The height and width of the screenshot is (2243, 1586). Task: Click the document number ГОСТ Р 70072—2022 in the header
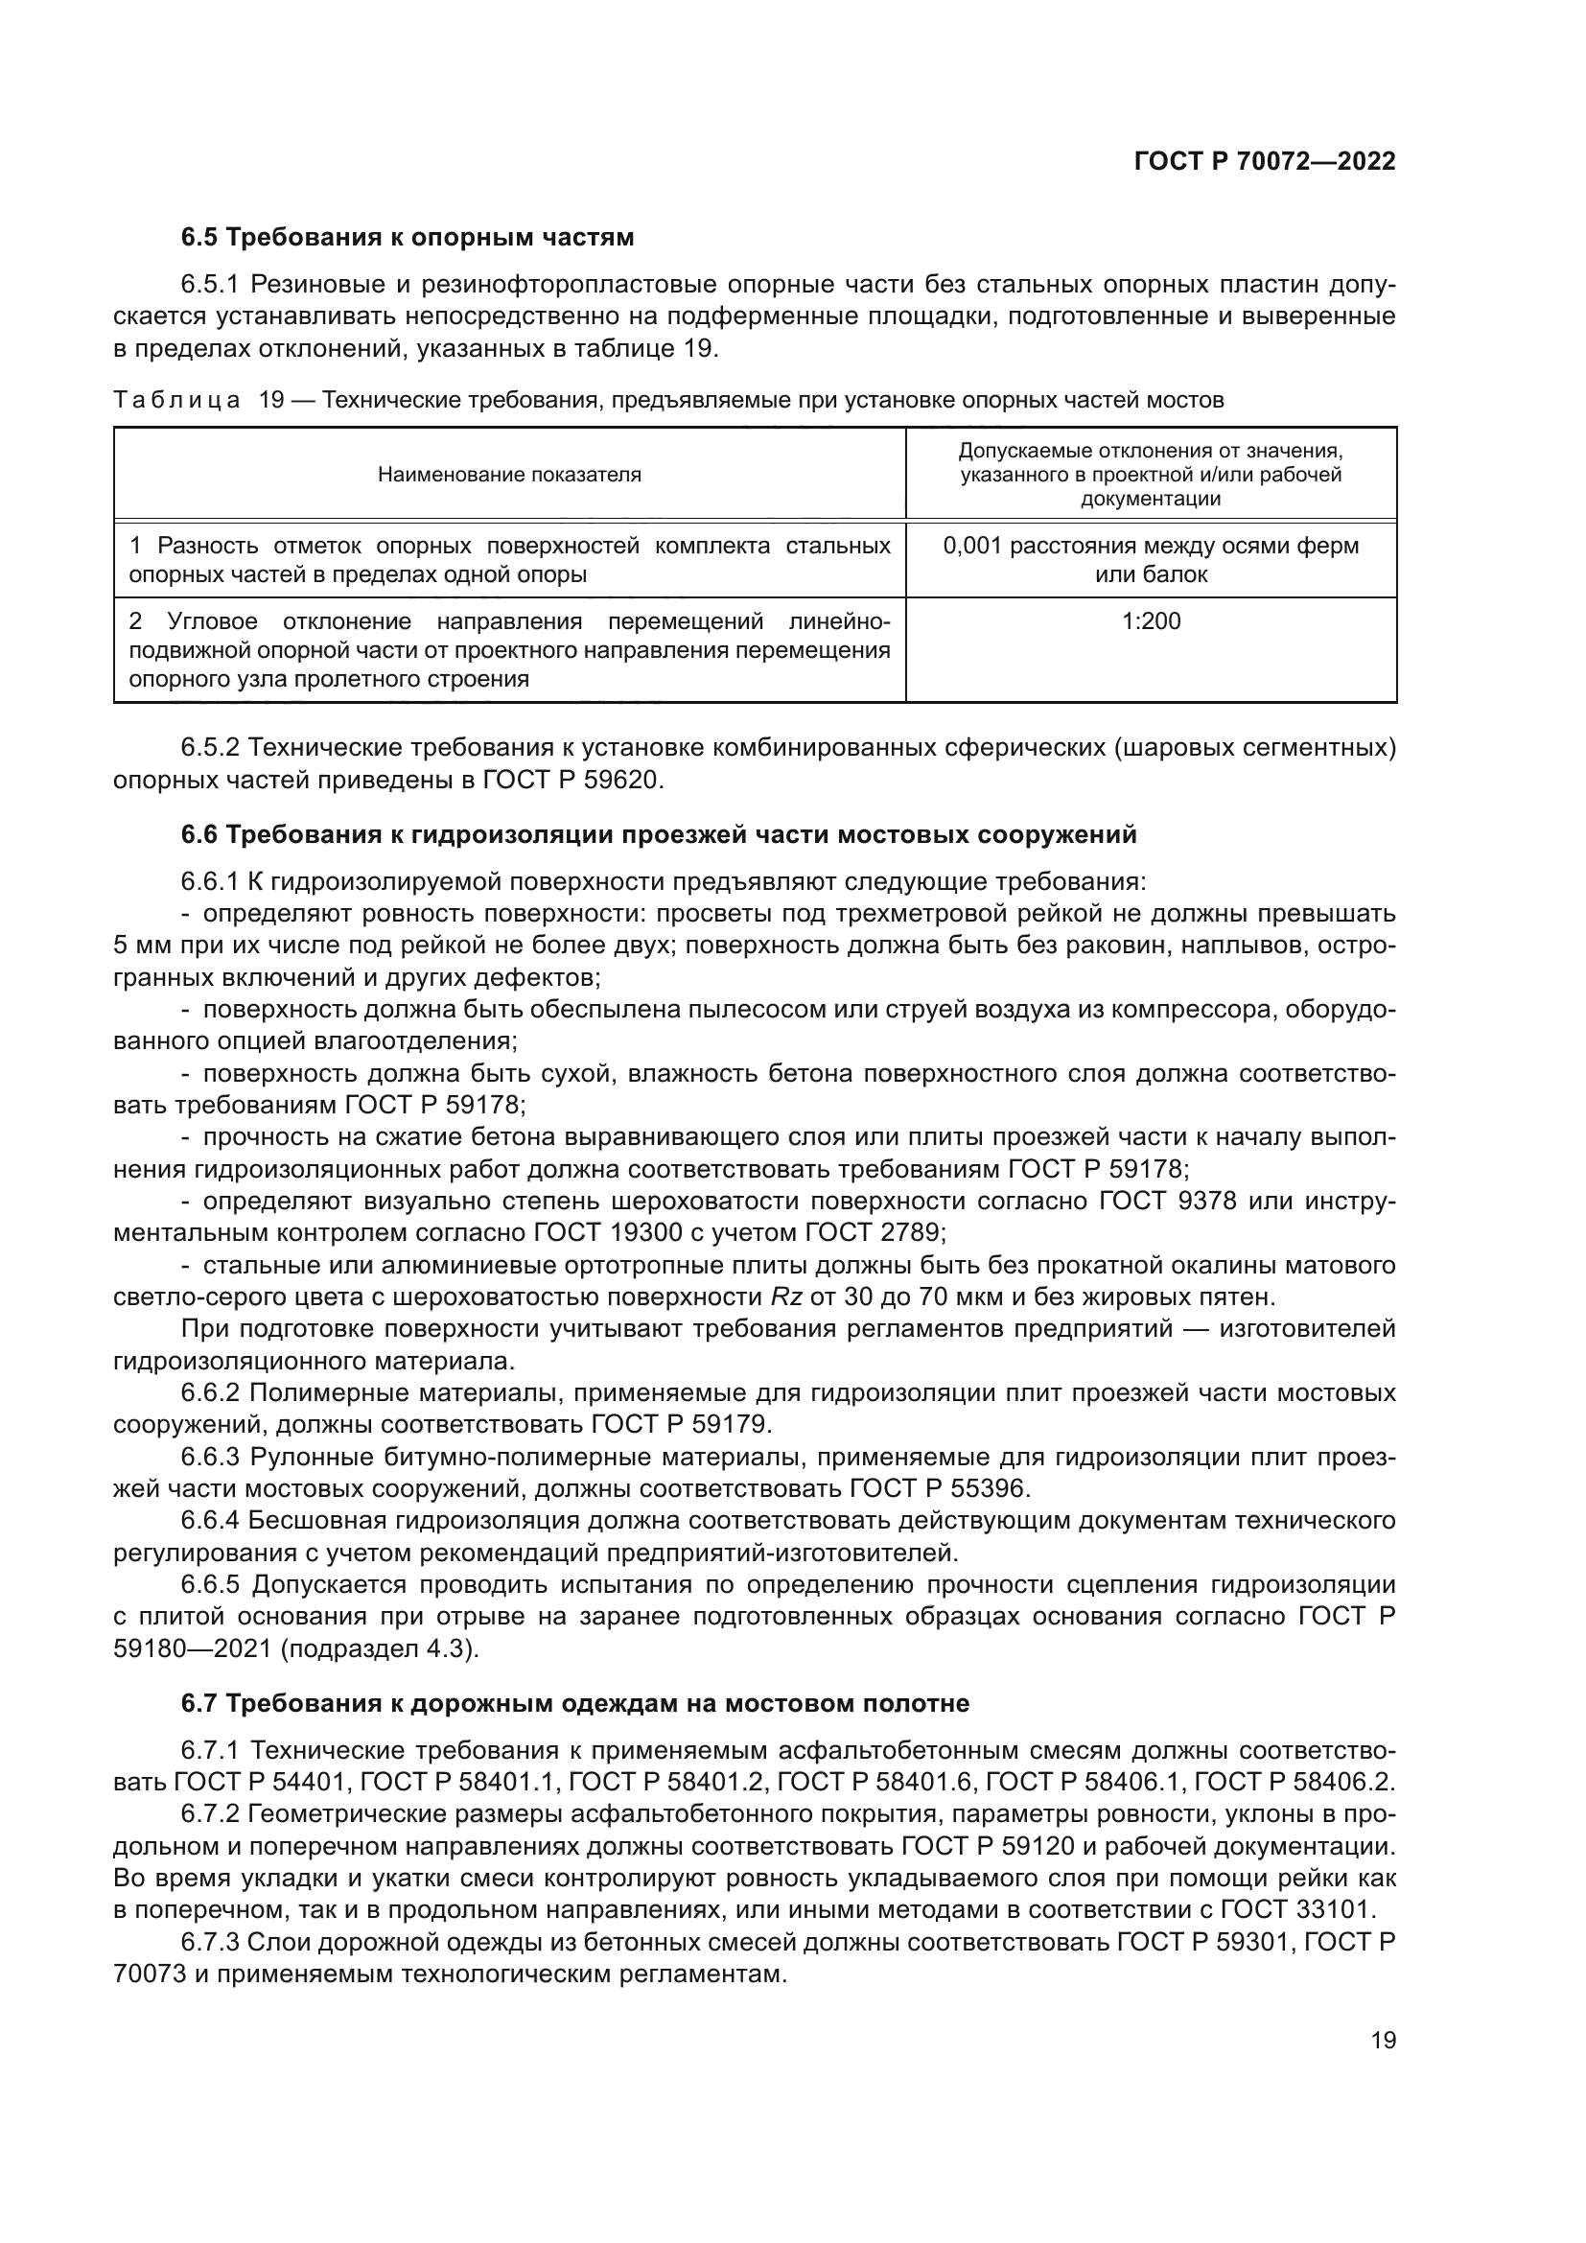1265,162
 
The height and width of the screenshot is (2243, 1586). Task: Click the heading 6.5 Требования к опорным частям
408,238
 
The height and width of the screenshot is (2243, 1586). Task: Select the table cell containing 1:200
1151,621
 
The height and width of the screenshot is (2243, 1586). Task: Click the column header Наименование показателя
509,475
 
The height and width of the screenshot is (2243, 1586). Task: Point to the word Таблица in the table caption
176,400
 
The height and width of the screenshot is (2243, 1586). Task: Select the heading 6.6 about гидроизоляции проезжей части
658,834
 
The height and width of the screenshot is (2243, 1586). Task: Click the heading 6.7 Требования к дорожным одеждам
575,1703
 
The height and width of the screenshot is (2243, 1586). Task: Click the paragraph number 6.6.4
210,1520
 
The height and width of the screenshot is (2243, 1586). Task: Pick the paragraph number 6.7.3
210,1941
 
